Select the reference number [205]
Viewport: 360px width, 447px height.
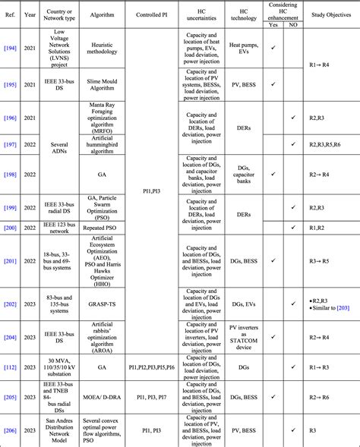pos(11,395)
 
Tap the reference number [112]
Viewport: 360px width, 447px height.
pos(11,367)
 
